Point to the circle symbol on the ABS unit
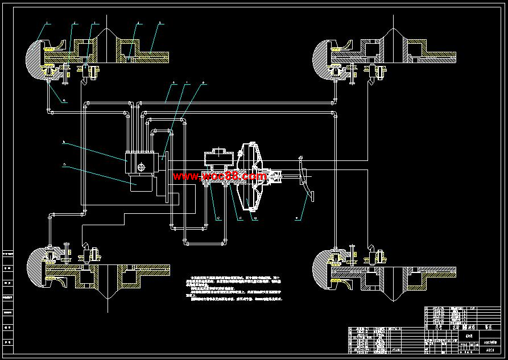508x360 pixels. [141, 167]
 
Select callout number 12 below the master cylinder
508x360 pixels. [217, 217]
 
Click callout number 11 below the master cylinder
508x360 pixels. [239, 217]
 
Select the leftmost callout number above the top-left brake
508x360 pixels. [47, 23]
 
